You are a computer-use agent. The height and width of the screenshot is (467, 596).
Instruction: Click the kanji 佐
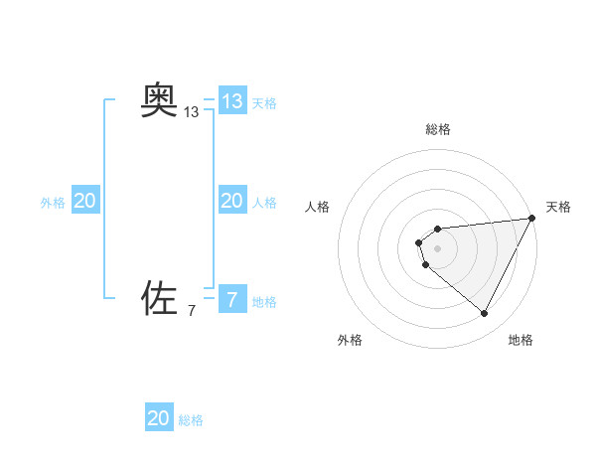pos(159,297)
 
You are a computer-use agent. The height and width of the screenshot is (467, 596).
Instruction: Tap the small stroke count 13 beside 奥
pos(192,113)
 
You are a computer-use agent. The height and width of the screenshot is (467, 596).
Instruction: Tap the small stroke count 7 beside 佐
pos(192,311)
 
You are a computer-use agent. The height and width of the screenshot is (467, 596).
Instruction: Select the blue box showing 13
pos(231,101)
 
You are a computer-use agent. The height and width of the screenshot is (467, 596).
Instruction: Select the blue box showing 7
pos(231,298)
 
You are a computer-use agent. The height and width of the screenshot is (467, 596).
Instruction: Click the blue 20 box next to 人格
pos(231,201)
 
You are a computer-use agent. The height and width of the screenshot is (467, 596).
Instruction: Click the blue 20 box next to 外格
pos(85,201)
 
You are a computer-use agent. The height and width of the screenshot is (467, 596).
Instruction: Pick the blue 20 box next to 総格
pos(159,418)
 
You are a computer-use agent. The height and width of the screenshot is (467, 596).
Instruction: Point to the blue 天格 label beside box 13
pos(264,103)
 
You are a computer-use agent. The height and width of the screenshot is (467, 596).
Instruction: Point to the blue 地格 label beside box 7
pos(264,302)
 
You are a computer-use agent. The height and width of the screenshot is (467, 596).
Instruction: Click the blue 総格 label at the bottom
pos(191,420)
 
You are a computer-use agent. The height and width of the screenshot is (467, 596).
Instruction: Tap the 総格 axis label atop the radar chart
pos(438,129)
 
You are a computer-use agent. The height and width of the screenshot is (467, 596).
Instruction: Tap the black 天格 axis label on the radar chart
pos(558,207)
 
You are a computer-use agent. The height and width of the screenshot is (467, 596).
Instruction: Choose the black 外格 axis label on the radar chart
pos(350,340)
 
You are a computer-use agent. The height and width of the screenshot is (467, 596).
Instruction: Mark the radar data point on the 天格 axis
pos(532,219)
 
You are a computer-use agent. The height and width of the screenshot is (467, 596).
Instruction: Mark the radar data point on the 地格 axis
pos(485,313)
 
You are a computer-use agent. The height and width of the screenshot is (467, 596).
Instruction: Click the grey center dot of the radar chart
pos(438,248)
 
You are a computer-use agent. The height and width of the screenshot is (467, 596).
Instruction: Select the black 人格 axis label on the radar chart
pos(318,207)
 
